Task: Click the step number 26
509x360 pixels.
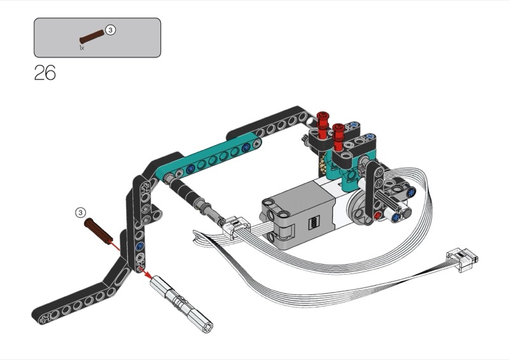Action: [x=45, y=73]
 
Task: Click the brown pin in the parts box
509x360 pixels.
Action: [x=92, y=37]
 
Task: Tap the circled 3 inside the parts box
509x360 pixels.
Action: [x=111, y=30]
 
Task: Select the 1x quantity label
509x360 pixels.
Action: [x=81, y=48]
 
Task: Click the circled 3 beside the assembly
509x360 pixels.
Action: [x=81, y=212]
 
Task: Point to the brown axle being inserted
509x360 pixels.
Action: [x=99, y=231]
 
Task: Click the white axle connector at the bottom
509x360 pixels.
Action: [x=181, y=304]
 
